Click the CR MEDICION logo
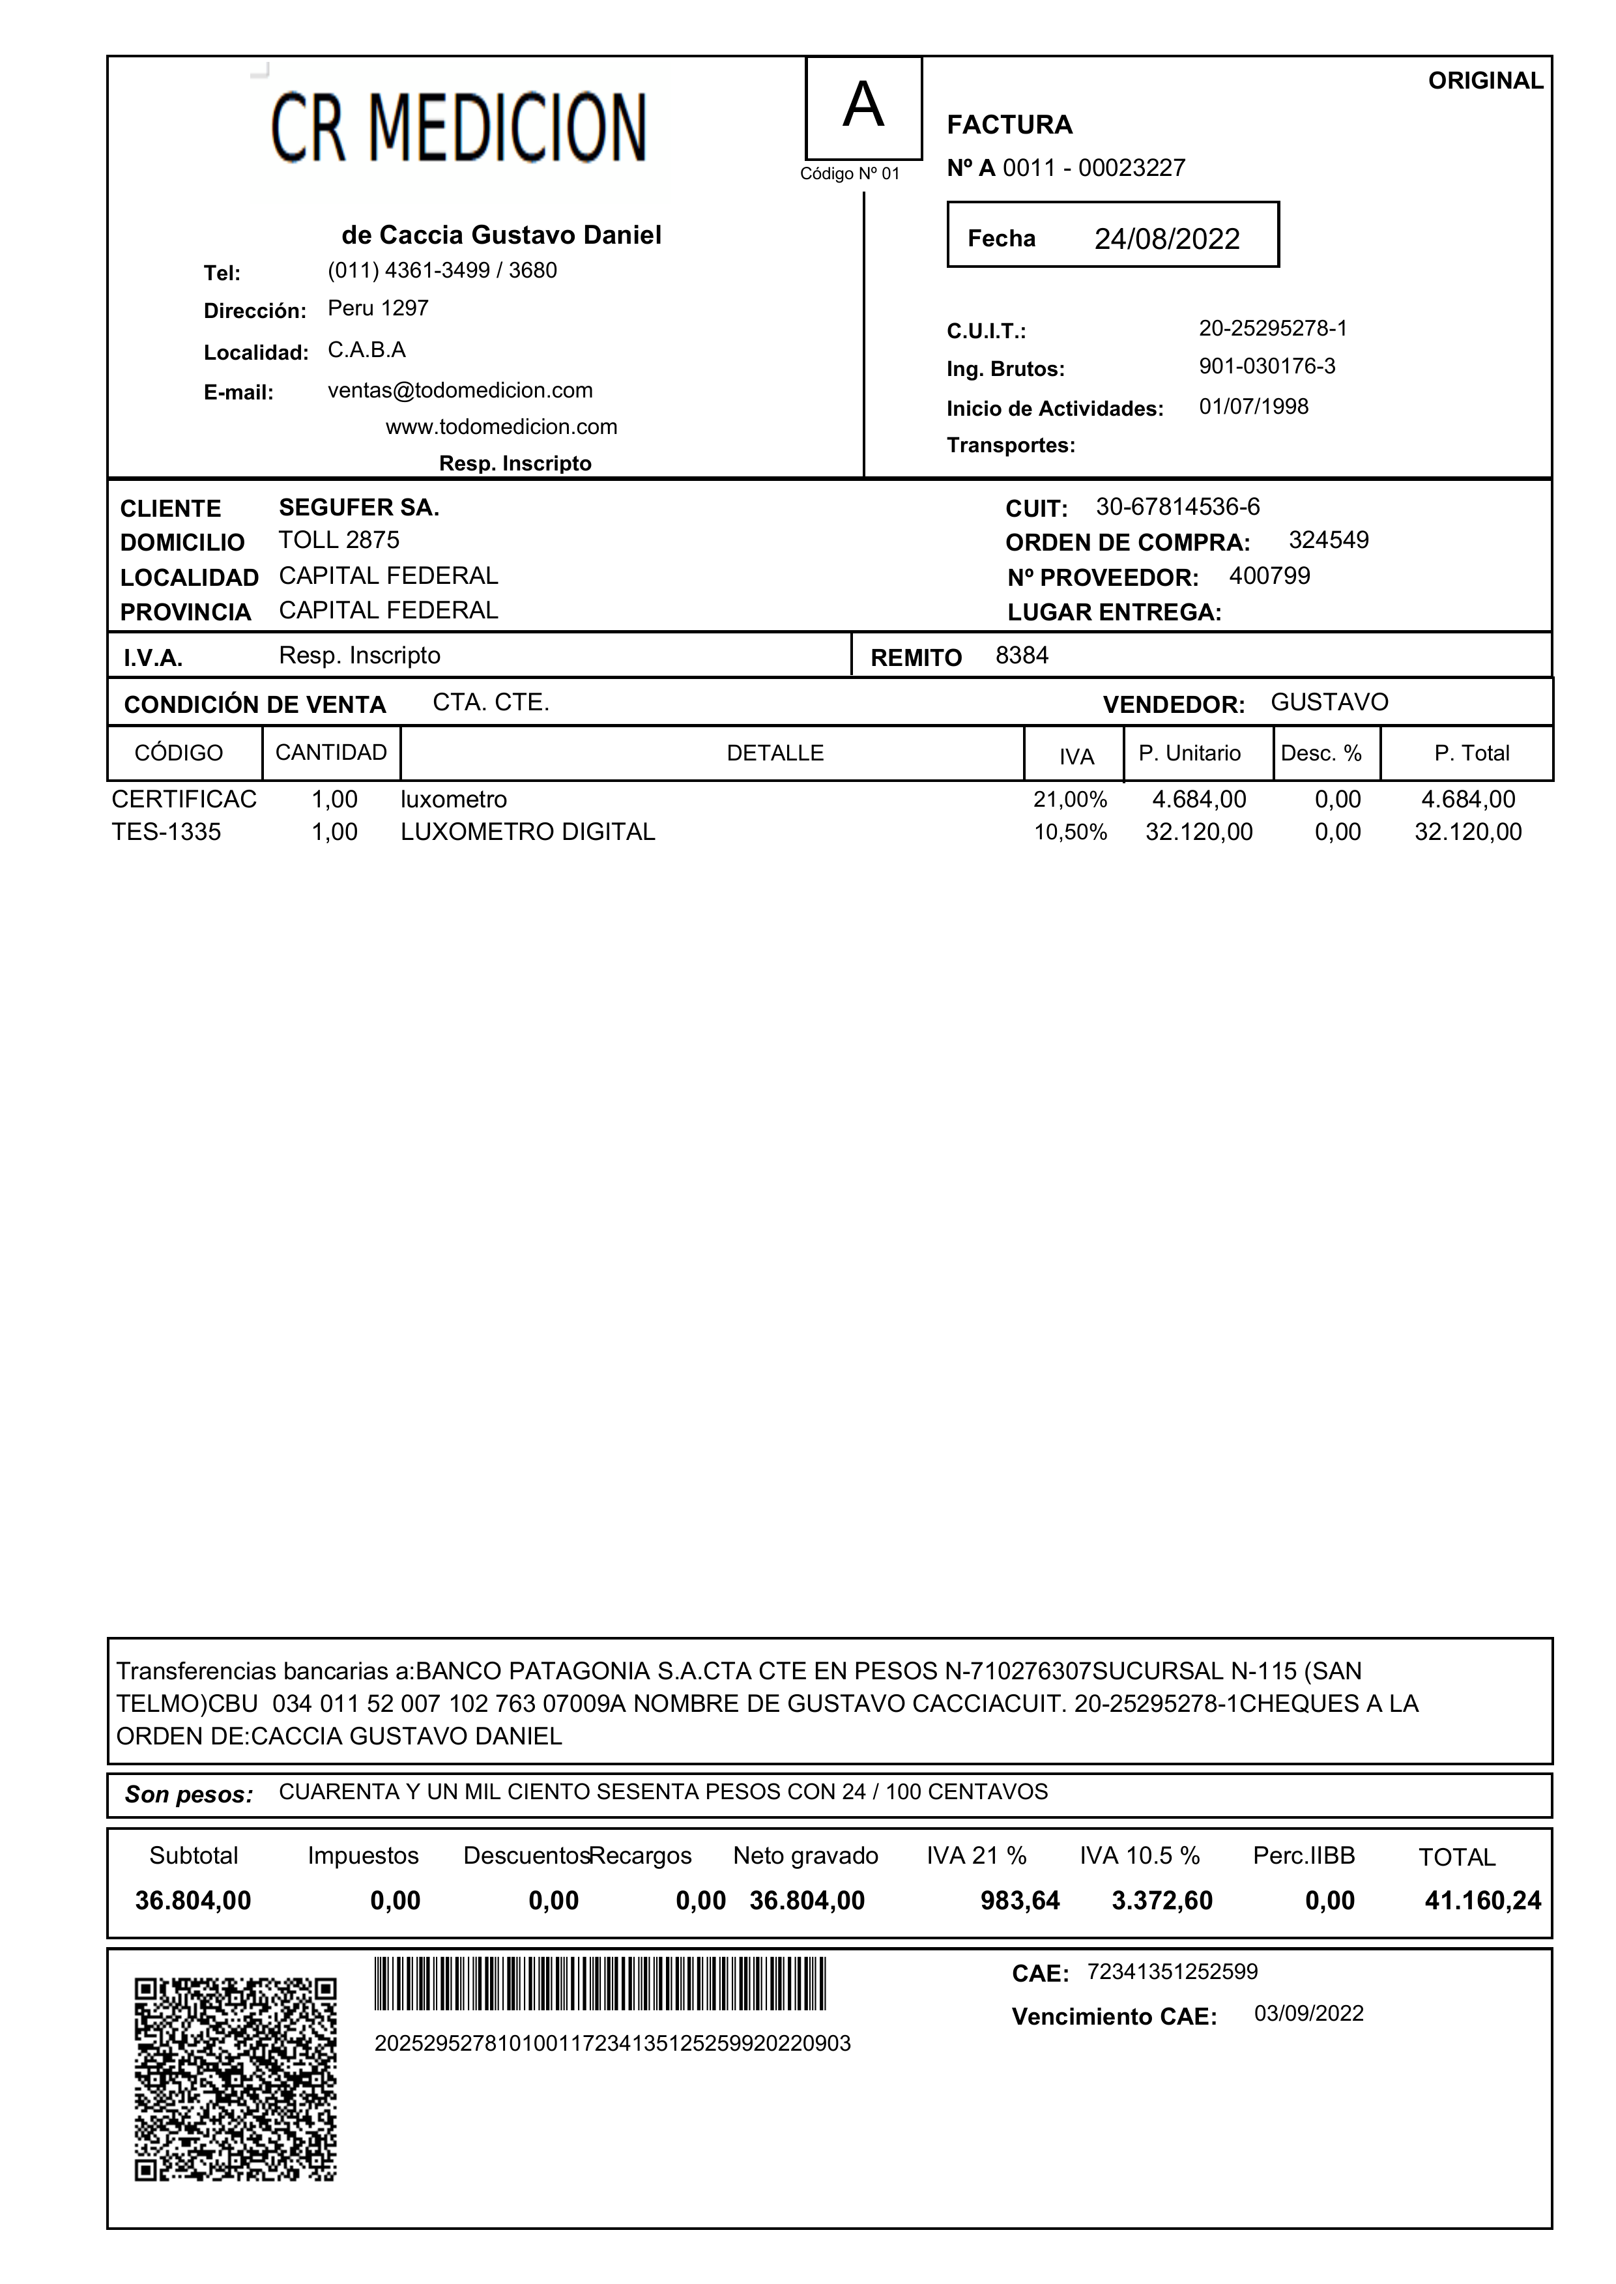point(459,127)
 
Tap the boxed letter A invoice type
point(863,106)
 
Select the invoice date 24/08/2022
point(1166,239)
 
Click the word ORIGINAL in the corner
point(1484,81)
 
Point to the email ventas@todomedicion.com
point(460,390)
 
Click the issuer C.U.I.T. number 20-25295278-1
point(1272,328)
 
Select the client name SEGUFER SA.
point(358,508)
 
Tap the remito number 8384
point(1022,656)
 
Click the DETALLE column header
point(775,753)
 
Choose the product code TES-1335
point(166,832)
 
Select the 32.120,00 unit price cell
point(1198,832)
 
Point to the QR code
point(236,2079)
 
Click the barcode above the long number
point(600,1984)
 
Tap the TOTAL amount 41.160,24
point(1482,1901)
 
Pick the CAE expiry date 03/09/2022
point(1308,2014)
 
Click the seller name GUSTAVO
point(1329,702)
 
